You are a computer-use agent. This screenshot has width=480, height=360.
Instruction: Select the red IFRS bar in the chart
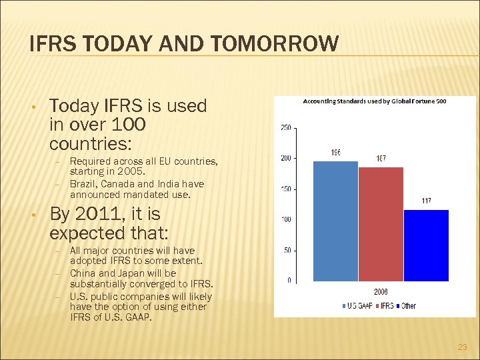(x=381, y=223)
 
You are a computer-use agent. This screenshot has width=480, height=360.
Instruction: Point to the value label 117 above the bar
(x=426, y=201)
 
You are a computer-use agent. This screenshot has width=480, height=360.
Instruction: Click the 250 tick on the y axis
(x=285, y=127)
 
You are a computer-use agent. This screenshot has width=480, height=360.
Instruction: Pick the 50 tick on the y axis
(x=286, y=250)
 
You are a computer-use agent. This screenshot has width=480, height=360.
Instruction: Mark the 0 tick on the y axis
(x=289, y=280)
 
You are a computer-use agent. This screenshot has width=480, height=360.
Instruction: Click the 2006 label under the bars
(x=381, y=292)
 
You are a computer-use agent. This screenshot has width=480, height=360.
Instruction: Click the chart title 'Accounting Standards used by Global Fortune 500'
(x=375, y=102)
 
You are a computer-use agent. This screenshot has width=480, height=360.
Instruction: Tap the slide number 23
(x=463, y=347)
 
